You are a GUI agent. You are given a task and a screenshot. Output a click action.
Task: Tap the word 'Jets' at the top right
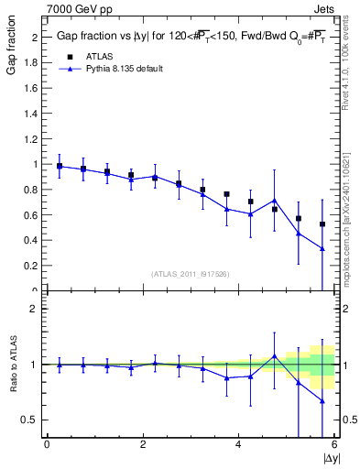324,7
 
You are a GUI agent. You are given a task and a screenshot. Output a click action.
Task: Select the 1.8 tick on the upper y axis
33,62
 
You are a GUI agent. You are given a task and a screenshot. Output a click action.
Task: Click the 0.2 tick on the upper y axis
33,266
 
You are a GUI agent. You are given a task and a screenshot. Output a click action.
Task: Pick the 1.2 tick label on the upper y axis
33,138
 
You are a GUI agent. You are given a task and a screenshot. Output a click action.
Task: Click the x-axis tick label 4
238,445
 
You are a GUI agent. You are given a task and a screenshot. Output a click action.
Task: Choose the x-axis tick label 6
334,445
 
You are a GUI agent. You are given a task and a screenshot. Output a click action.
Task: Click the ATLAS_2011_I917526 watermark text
191,274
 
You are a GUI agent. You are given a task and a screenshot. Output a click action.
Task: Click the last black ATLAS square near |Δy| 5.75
322,224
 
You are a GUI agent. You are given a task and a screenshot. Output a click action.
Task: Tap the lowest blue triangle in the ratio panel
322,400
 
